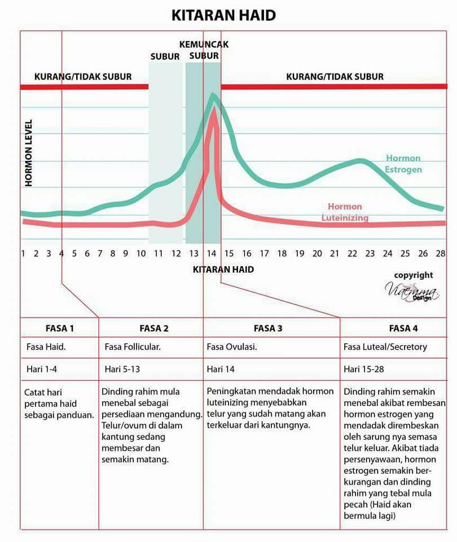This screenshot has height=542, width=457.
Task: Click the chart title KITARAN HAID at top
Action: coord(223,15)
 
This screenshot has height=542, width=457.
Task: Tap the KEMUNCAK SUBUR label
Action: coord(204,50)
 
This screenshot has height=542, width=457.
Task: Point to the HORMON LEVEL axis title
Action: coord(29,153)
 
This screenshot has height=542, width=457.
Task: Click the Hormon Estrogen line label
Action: coord(403,164)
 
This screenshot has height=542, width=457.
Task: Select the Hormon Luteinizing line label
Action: coord(345,212)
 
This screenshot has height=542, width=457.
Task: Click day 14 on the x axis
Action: coord(212,253)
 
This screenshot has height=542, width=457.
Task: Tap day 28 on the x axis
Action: coord(441,253)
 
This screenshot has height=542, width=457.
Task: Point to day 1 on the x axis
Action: coord(23,253)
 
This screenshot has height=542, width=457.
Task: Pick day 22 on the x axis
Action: coord(352,253)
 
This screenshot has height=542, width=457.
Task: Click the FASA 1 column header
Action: coord(60,329)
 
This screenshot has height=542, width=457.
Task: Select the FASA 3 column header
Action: coord(268,329)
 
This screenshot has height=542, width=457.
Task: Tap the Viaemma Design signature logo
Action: coord(412,292)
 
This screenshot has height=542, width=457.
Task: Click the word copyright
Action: coord(414,275)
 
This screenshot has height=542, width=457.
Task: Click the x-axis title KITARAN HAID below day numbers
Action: coord(223,270)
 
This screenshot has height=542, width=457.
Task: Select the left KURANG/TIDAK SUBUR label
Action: coord(83,77)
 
